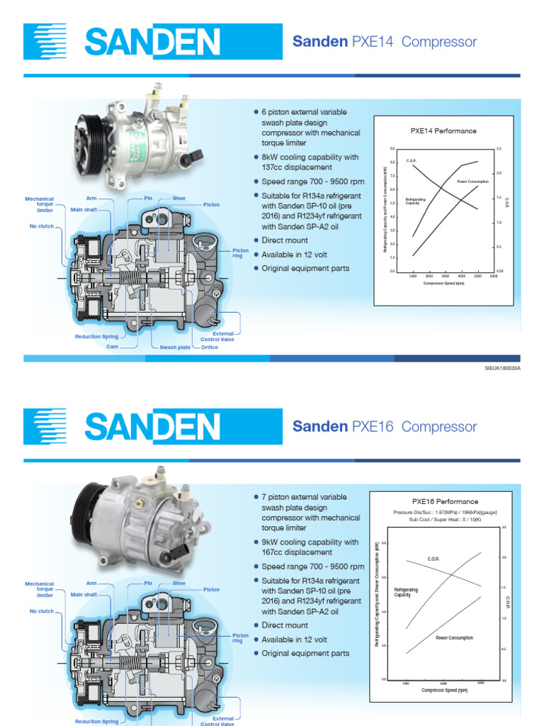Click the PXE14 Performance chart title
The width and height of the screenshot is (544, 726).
[443, 131]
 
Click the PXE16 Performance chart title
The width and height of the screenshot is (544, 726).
[445, 502]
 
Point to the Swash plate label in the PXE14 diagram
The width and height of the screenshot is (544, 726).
[175, 347]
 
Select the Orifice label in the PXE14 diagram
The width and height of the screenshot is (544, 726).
[210, 347]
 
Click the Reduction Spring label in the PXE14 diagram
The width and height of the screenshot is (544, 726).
[97, 337]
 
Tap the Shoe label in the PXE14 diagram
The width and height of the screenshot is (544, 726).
[179, 199]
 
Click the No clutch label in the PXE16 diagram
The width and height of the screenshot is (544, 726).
[42, 611]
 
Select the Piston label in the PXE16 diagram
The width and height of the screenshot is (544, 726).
[211, 589]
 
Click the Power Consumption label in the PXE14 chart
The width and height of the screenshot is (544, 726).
[472, 181]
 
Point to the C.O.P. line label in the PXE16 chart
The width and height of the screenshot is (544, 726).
[434, 559]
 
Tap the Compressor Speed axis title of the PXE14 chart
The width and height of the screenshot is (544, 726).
[443, 283]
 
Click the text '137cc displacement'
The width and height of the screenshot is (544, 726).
[297, 167]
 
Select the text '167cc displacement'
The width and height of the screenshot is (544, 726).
[297, 552]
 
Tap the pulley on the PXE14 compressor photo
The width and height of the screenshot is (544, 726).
[90, 133]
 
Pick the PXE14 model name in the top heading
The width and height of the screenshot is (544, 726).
[372, 42]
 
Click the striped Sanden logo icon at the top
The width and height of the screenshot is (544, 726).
[45, 41]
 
